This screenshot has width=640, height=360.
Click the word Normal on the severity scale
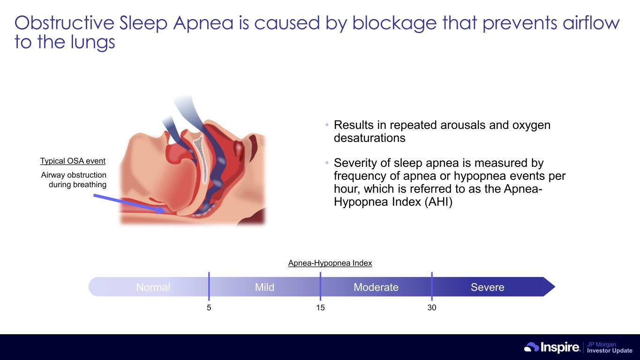click(153, 287)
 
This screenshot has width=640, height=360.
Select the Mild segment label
click(264, 287)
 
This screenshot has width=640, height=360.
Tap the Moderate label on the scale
click(376, 287)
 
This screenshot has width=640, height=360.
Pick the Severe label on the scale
click(488, 287)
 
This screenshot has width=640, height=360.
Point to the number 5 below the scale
click(209, 307)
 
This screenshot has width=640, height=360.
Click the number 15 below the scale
click(320, 307)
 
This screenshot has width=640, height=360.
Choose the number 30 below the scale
click(432, 307)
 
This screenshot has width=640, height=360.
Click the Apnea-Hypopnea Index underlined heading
click(330, 263)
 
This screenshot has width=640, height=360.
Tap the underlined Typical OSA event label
click(73, 161)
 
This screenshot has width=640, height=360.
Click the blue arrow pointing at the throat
click(129, 203)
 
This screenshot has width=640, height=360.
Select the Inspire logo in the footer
click(552, 347)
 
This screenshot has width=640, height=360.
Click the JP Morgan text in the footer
click(602, 344)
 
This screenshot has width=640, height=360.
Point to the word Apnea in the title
click(203, 23)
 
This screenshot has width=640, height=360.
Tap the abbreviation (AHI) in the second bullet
click(438, 202)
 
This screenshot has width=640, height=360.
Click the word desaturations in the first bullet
click(369, 138)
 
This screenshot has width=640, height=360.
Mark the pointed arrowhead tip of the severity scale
click(555, 286)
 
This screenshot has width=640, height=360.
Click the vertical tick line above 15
click(320, 286)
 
